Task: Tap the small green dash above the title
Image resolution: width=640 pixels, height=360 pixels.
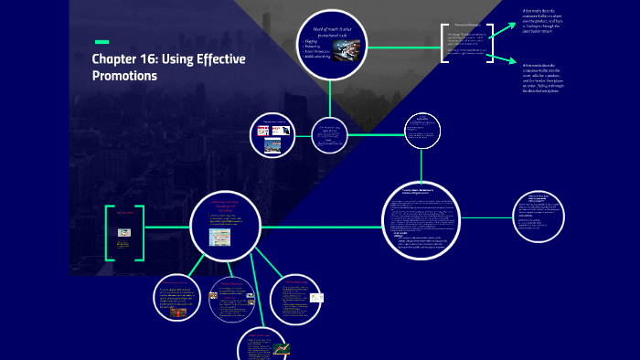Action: (101, 42)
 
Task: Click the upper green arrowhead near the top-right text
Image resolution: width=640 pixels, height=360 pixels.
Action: (497, 28)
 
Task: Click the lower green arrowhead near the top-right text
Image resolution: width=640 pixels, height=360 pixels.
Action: (497, 60)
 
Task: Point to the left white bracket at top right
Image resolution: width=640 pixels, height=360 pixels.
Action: (443, 42)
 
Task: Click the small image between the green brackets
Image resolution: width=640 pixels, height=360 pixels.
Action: (124, 233)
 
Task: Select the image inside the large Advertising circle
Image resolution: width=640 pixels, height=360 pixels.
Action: (220, 238)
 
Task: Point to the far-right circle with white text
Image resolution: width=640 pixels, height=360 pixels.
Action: (544, 217)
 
